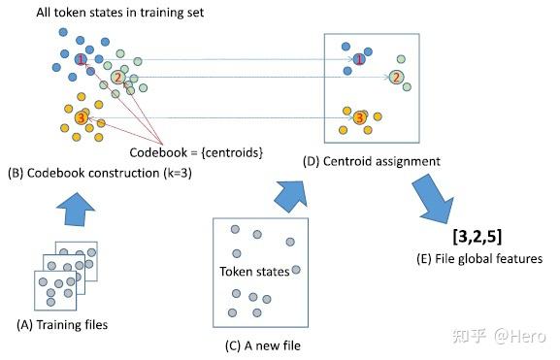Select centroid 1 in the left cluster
(81, 60)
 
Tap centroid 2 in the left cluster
(118, 78)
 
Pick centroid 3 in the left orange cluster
(81, 117)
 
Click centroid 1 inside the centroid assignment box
(359, 60)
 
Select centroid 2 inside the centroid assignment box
(397, 78)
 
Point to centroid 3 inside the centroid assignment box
(360, 117)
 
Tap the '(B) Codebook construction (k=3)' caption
(92, 174)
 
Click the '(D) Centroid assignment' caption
(372, 160)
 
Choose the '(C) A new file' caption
(259, 343)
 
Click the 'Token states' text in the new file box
(254, 272)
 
